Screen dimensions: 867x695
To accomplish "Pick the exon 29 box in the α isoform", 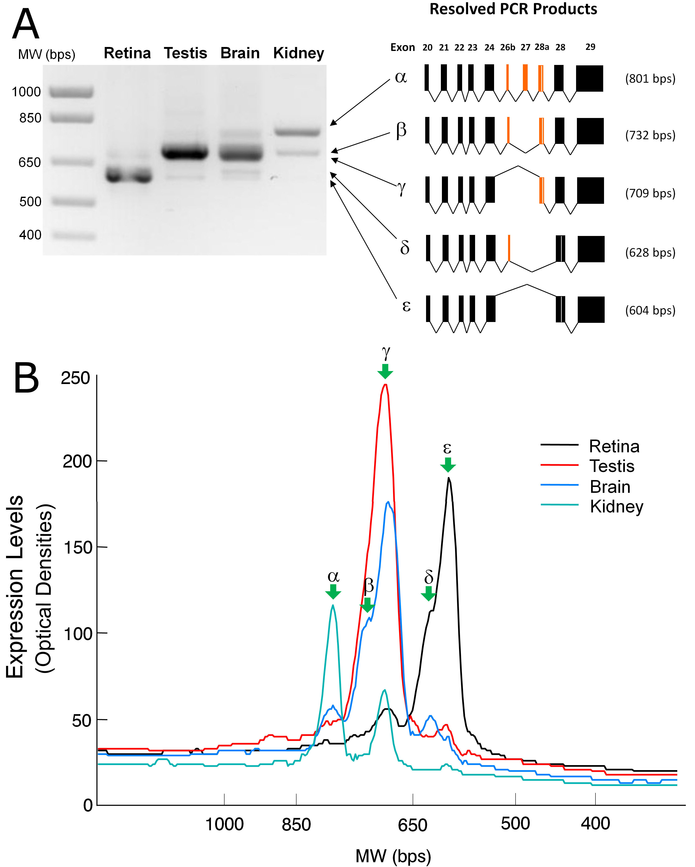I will tap(589, 79).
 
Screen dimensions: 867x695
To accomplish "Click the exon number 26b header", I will tap(507, 47).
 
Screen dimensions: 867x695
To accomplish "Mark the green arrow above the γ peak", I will tap(385, 371).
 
